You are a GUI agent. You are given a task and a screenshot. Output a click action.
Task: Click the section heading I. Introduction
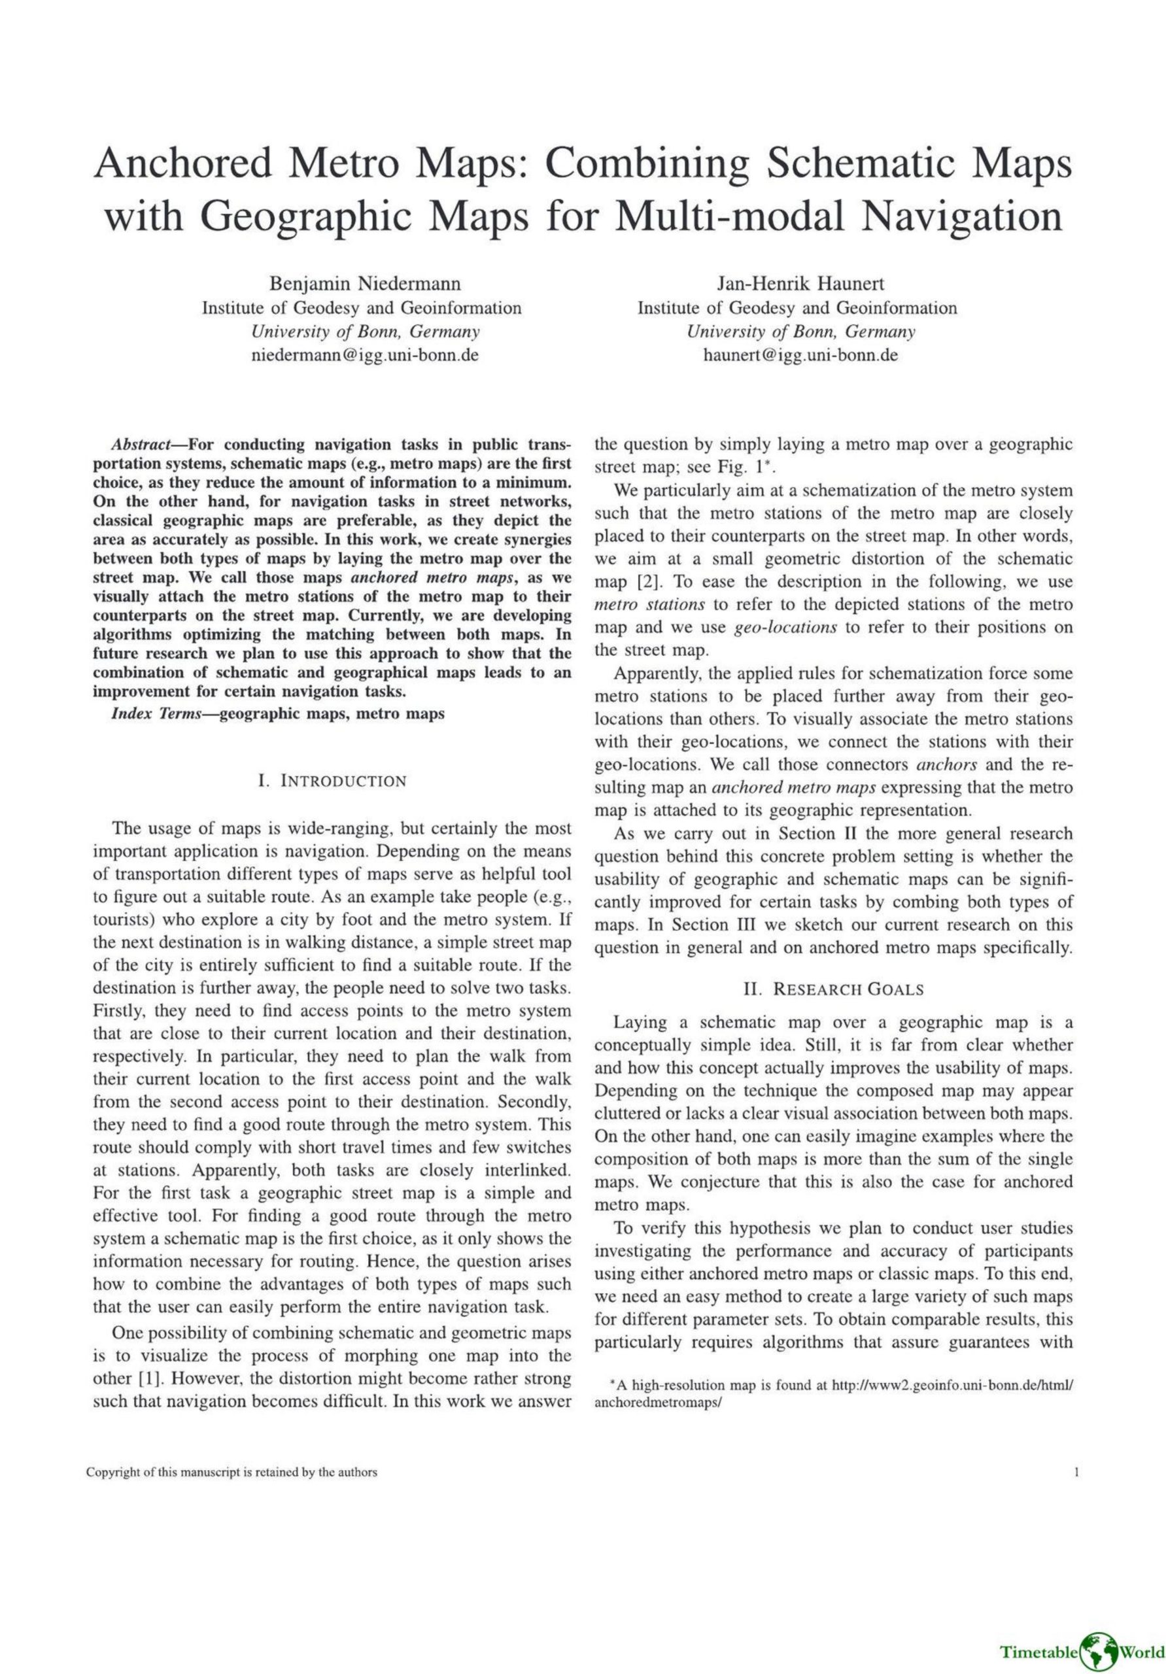click(x=332, y=781)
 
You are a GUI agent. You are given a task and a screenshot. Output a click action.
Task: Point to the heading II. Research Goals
click(x=834, y=989)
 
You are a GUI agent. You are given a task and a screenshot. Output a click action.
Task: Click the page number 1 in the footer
click(x=1076, y=1472)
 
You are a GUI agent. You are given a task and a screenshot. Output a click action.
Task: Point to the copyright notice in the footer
click(x=232, y=1472)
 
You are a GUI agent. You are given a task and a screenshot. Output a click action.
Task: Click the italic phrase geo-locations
click(x=785, y=628)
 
